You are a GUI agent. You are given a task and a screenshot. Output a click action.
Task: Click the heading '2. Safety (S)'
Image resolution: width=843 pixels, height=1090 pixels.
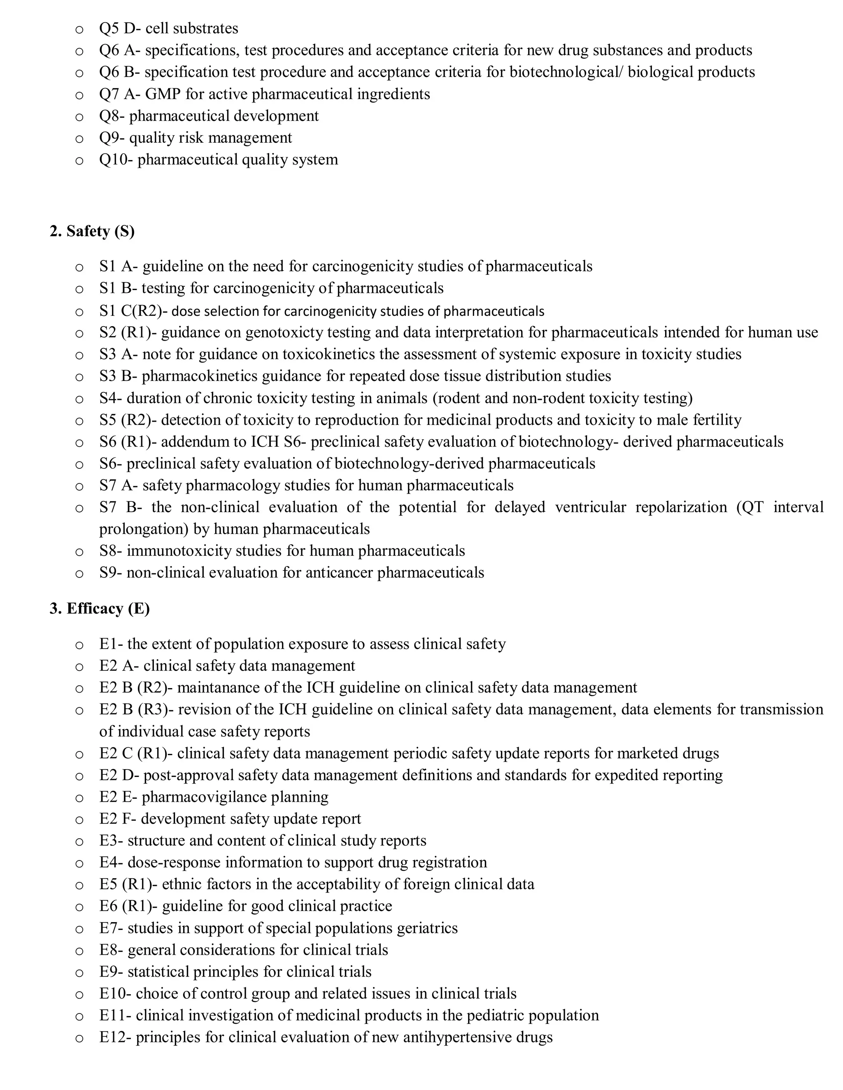[92, 231]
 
